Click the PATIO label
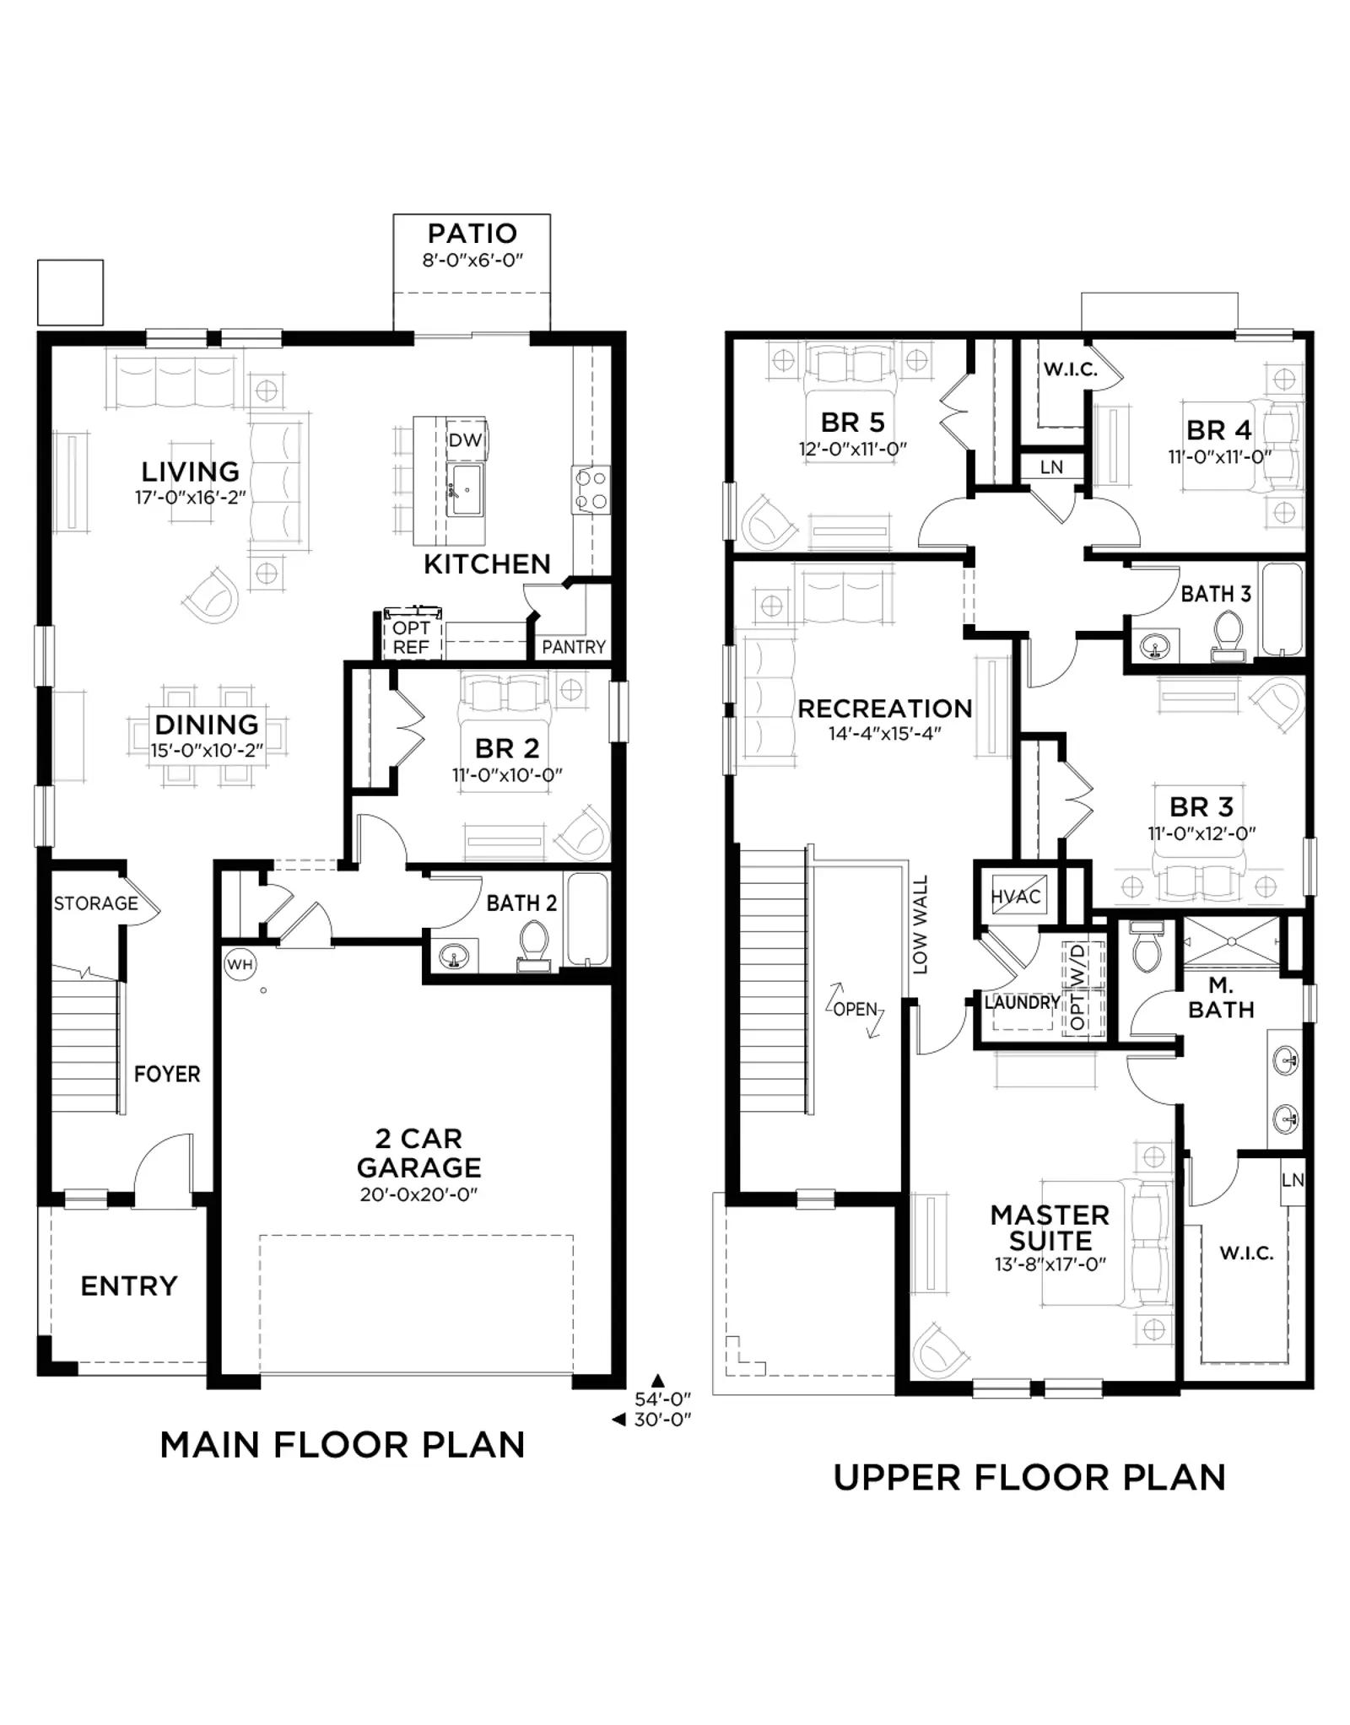pyautogui.click(x=472, y=234)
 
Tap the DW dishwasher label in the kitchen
pyautogui.click(x=465, y=439)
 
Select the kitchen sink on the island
pyautogui.click(x=465, y=489)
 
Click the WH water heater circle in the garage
pyautogui.click(x=240, y=964)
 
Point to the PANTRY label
pyautogui.click(x=574, y=647)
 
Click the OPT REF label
pyautogui.click(x=412, y=638)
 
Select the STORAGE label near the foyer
pyautogui.click(x=96, y=903)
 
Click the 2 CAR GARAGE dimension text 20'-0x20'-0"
pyautogui.click(x=418, y=1194)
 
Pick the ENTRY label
pyautogui.click(x=129, y=1286)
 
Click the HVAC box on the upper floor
pyautogui.click(x=1016, y=897)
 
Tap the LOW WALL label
pyautogui.click(x=920, y=924)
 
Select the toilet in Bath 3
pyautogui.click(x=1228, y=637)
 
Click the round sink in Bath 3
pyautogui.click(x=1154, y=647)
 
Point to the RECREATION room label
pyautogui.click(x=885, y=709)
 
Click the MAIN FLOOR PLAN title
pyautogui.click(x=343, y=1445)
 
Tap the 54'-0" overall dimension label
pyautogui.click(x=663, y=1398)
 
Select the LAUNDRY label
pyautogui.click(x=1023, y=1002)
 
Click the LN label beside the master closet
pyautogui.click(x=1293, y=1180)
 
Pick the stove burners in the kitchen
pyautogui.click(x=591, y=490)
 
